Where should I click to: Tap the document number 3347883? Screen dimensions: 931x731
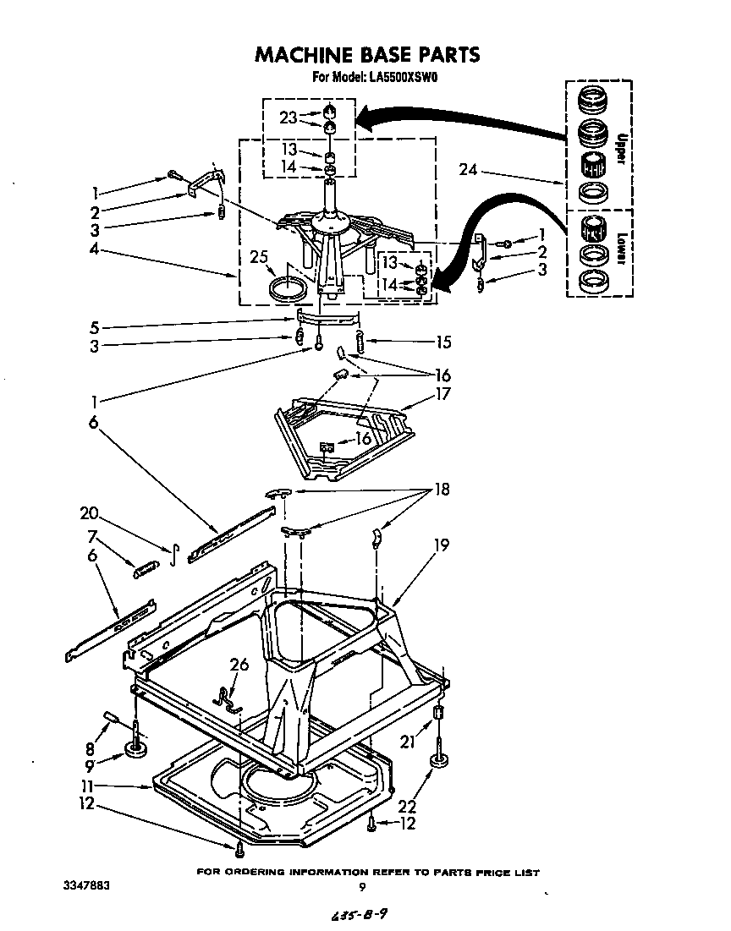click(x=86, y=886)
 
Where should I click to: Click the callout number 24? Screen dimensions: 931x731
click(x=468, y=170)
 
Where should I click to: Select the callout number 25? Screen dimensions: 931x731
click(x=260, y=258)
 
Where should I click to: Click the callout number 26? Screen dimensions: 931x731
click(x=240, y=665)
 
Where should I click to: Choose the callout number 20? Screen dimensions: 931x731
click(x=90, y=512)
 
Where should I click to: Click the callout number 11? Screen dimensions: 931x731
click(x=102, y=786)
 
